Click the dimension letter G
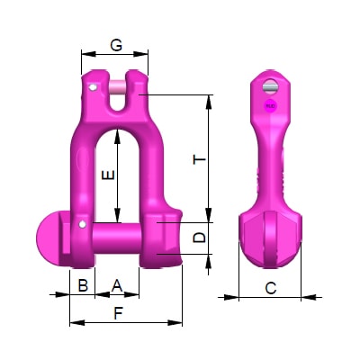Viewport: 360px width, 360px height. tap(116, 45)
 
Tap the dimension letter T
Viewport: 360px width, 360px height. tap(200, 159)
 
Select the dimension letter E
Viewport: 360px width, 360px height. tap(108, 175)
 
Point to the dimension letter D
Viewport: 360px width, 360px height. tap(200, 238)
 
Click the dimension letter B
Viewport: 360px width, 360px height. tap(83, 285)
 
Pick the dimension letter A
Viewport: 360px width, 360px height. tap(117, 285)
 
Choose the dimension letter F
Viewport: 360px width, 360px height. tap(118, 313)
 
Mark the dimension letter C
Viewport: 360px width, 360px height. tap(270, 288)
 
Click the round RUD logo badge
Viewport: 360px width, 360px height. tap(270, 106)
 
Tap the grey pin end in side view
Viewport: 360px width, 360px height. tap(270, 86)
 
